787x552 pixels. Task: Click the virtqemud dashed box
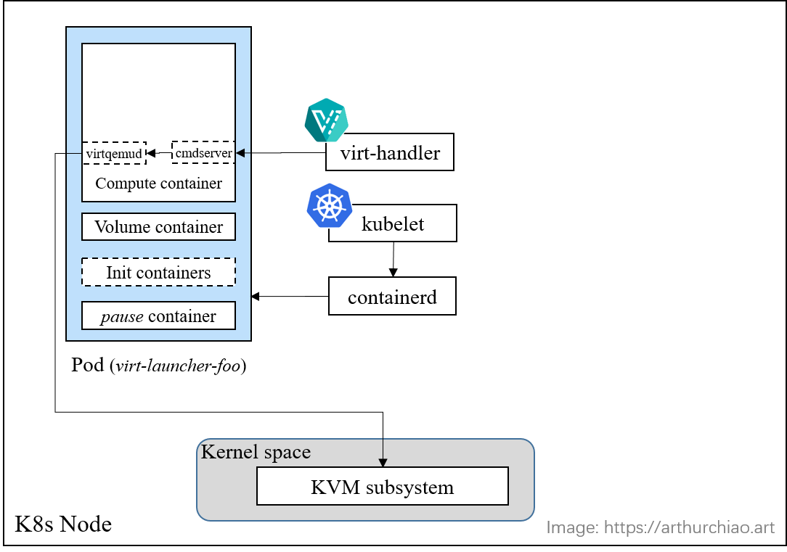click(x=114, y=154)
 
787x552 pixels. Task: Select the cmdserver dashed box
click(x=203, y=153)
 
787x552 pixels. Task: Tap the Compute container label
click(x=158, y=184)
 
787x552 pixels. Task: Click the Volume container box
click(x=158, y=227)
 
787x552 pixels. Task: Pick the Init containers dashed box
click(x=158, y=273)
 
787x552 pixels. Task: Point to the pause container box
click(x=158, y=316)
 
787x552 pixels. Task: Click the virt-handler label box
click(x=390, y=152)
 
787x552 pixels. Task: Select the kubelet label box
click(x=393, y=223)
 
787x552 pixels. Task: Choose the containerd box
click(x=392, y=297)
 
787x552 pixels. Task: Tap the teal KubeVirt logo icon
click(x=326, y=120)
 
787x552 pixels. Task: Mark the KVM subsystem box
click(x=382, y=487)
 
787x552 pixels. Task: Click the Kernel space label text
click(x=256, y=452)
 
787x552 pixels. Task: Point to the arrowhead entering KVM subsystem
click(x=383, y=463)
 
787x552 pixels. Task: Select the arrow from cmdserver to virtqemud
click(x=159, y=153)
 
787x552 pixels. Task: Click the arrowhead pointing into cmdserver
click(x=240, y=153)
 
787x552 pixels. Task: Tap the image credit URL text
click(x=660, y=527)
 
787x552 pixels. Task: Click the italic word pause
click(x=121, y=316)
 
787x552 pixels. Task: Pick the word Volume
click(x=122, y=227)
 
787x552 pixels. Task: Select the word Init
click(x=118, y=273)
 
